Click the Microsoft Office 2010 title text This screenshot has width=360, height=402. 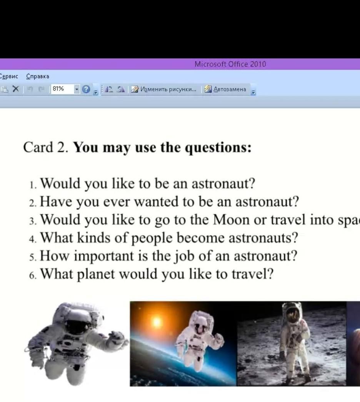click(230, 64)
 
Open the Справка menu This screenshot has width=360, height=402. click(37, 76)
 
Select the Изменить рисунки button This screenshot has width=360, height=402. click(164, 89)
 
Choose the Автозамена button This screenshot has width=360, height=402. click(225, 89)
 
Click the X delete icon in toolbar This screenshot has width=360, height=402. click(16, 89)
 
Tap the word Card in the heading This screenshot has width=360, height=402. click(38, 148)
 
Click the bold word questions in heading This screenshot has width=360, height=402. click(218, 148)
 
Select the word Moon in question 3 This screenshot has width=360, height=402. click(231, 220)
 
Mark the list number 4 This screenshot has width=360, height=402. click(32, 239)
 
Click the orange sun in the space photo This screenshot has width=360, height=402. click(157, 321)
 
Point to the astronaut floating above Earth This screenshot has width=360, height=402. click(198, 339)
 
